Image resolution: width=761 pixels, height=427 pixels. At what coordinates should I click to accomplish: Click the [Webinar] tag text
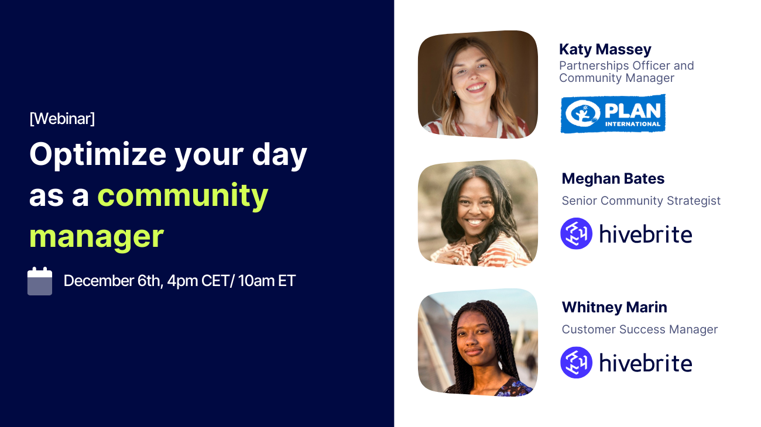coord(61,119)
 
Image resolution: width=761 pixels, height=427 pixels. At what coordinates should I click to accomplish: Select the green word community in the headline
coord(183,196)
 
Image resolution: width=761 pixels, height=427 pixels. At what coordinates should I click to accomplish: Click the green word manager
coord(96,236)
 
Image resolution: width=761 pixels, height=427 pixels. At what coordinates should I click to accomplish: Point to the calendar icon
coord(40,281)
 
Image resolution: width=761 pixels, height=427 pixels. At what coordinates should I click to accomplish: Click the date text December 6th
coord(112,281)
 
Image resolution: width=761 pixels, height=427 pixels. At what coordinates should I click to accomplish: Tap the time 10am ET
coord(267,281)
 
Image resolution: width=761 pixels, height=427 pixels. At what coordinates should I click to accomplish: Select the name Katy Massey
coord(605,49)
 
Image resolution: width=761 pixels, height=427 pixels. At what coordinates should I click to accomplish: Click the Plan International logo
coord(613,113)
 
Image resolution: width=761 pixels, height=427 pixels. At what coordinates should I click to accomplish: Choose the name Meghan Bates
coord(613,178)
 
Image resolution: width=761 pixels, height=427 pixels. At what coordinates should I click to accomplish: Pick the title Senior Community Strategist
coord(641,201)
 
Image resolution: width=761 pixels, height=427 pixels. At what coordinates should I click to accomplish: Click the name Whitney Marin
coord(614,307)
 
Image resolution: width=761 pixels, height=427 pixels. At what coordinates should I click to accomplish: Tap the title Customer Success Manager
coord(639,329)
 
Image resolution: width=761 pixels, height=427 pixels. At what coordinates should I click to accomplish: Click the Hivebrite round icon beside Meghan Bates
coord(576,233)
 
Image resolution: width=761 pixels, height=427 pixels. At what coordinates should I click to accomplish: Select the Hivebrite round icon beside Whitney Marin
coord(576,362)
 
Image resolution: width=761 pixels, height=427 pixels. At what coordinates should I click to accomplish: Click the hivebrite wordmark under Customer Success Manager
coord(646,363)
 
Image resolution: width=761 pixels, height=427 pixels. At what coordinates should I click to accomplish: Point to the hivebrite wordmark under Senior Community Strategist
coord(646,234)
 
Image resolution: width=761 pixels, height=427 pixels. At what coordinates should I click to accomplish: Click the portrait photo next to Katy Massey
coord(478,84)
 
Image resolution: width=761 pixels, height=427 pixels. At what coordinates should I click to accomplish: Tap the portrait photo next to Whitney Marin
coord(478,342)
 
